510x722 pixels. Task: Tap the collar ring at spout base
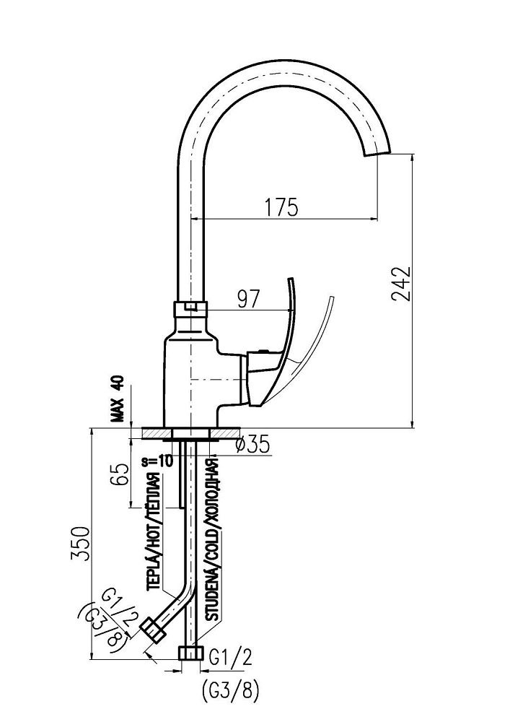coord(191,308)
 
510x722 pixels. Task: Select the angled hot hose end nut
coord(155,629)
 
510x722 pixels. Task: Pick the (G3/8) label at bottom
coord(227,691)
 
